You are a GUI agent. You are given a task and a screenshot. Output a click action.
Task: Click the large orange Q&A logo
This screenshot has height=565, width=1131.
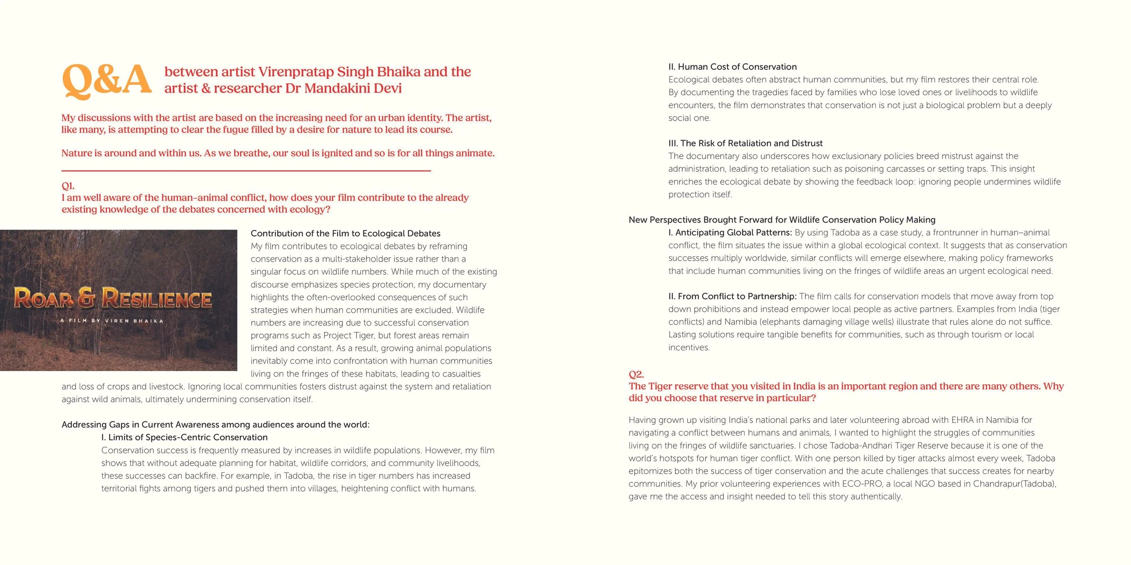pyautogui.click(x=107, y=80)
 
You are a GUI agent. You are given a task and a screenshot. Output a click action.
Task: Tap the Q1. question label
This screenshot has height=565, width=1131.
pyautogui.click(x=68, y=186)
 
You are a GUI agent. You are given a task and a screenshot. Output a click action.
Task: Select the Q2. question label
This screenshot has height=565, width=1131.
pyautogui.click(x=636, y=374)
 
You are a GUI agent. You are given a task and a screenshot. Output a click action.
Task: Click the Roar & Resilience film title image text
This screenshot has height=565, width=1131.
pyautogui.click(x=113, y=298)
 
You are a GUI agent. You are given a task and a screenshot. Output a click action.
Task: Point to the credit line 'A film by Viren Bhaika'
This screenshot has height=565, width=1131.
pyautogui.click(x=112, y=321)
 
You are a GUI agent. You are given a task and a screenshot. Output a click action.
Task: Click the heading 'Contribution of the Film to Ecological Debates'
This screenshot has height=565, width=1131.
pyautogui.click(x=345, y=233)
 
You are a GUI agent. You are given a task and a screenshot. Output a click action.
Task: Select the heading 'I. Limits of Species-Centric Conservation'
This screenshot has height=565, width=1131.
pyautogui.click(x=184, y=437)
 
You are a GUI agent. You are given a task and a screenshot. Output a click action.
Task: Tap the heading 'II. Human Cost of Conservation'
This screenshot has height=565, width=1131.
pyautogui.click(x=732, y=67)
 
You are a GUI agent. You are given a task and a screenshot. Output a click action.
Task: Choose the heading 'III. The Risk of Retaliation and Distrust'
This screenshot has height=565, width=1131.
pyautogui.click(x=745, y=143)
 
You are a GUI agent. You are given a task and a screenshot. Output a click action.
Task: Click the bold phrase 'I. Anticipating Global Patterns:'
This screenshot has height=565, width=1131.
pyautogui.click(x=730, y=232)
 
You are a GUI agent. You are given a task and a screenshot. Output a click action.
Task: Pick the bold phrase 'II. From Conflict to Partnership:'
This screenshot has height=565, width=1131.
pyautogui.click(x=732, y=296)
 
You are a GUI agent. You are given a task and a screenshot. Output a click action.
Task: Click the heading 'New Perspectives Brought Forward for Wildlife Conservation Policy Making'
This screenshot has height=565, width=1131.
pyautogui.click(x=782, y=220)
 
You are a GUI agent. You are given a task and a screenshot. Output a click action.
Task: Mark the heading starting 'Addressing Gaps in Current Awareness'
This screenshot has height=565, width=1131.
pyautogui.click(x=215, y=424)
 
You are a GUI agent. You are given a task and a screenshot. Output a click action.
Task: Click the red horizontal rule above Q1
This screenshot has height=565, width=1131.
pyautogui.click(x=246, y=171)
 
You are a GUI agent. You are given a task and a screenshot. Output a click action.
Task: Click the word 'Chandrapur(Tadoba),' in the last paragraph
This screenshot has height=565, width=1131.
pyautogui.click(x=1015, y=484)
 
